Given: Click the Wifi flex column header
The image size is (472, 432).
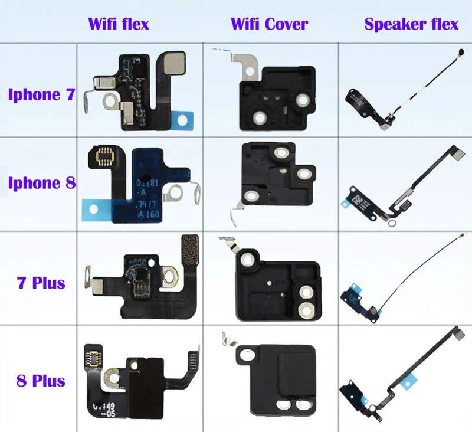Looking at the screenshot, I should (118, 24).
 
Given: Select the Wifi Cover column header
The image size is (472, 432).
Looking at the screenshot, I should (269, 24).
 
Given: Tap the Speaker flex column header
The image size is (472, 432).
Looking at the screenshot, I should (411, 24).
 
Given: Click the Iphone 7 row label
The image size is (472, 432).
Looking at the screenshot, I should (41, 94).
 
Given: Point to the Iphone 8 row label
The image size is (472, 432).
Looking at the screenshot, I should (41, 183).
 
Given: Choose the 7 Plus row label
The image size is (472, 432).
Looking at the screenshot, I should (41, 283).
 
